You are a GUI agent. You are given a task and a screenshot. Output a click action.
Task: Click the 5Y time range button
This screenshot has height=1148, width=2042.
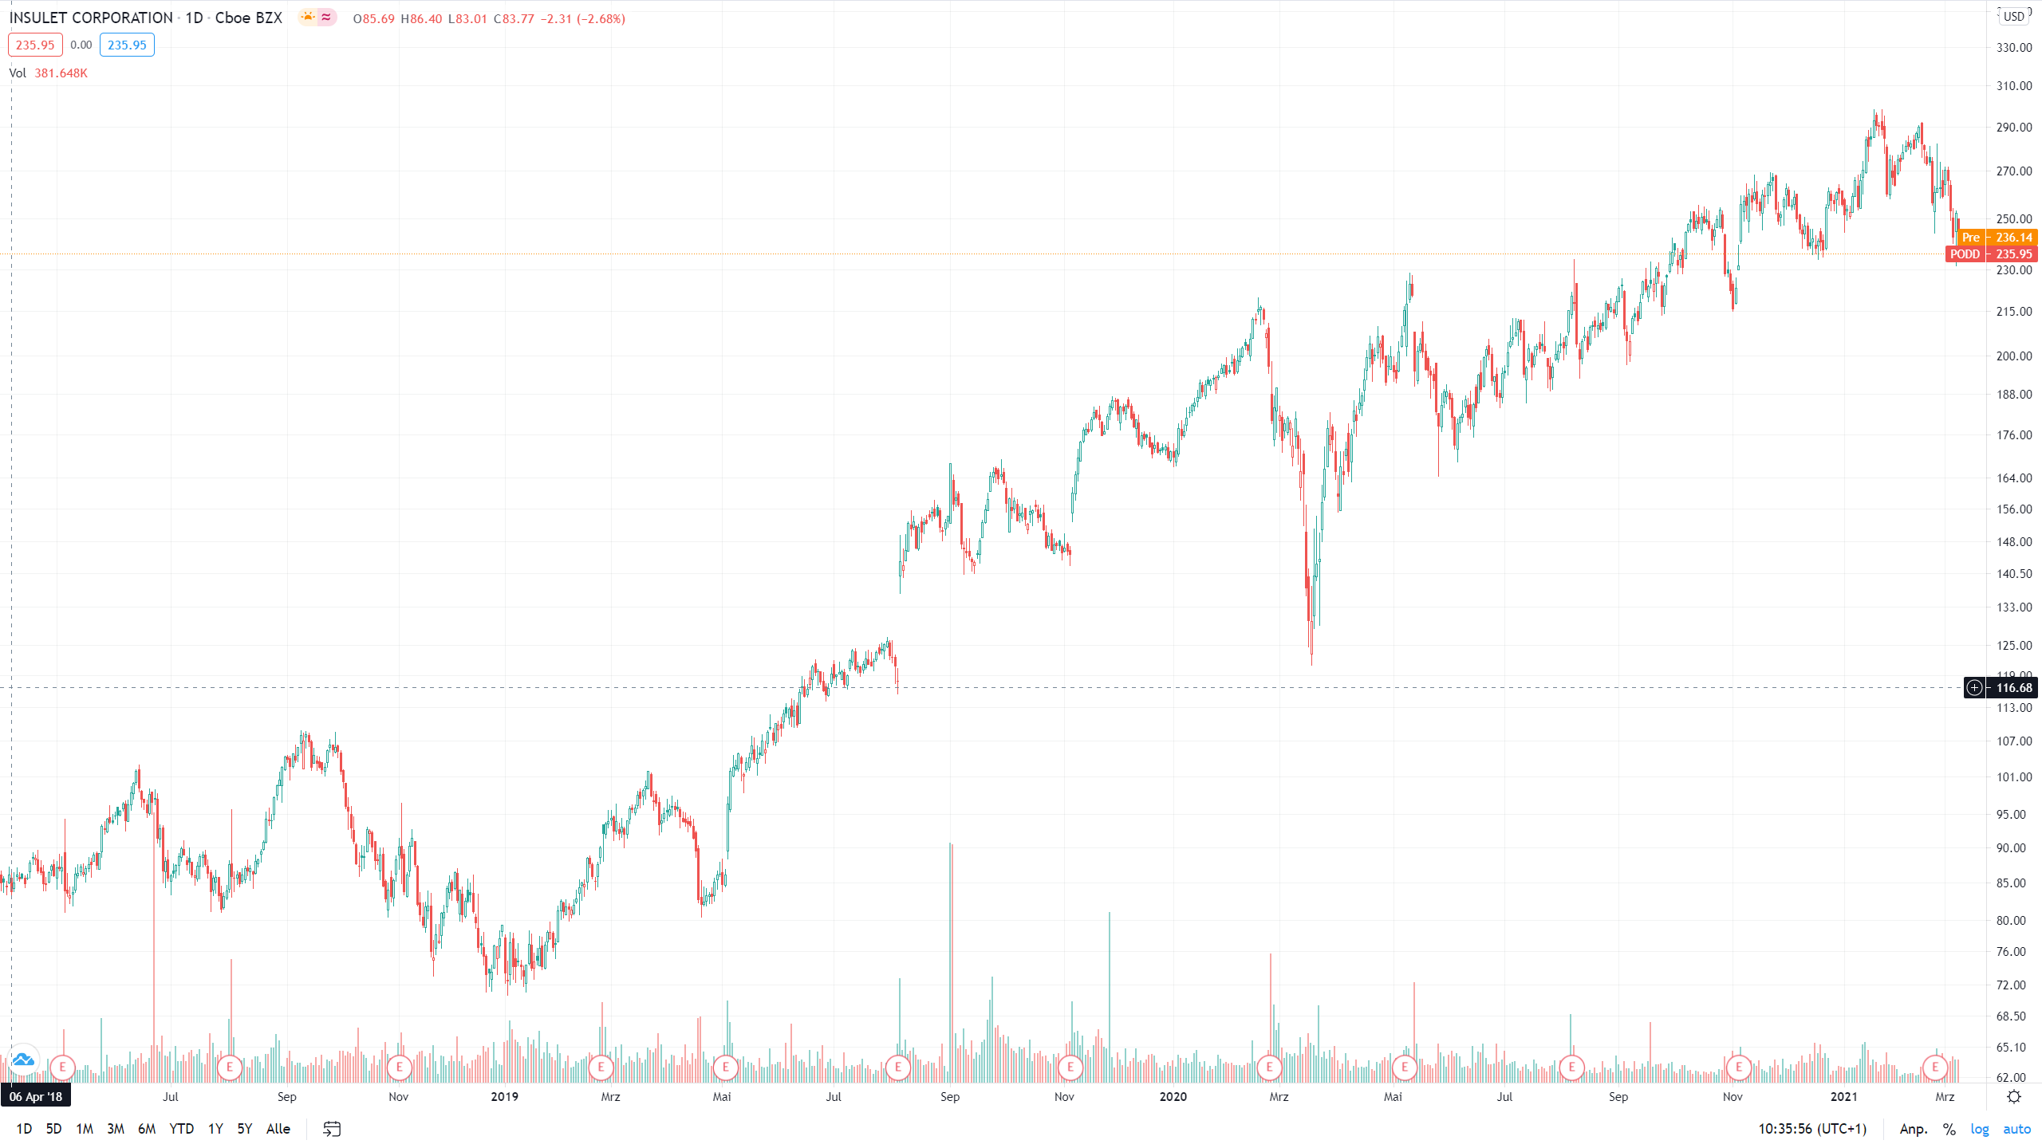(x=244, y=1129)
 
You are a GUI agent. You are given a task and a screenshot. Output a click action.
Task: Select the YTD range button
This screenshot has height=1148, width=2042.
(x=181, y=1129)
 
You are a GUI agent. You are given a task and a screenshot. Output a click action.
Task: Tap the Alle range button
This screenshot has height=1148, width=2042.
(x=278, y=1129)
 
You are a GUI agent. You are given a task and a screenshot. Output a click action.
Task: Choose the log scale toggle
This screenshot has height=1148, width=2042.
(x=1979, y=1129)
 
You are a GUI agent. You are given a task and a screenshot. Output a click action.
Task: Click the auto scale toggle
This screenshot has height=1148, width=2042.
(x=2016, y=1129)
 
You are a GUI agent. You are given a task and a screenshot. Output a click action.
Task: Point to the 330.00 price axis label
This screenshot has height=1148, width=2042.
(x=2013, y=48)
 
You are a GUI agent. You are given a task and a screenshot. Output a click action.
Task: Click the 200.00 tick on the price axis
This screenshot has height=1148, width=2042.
(x=2013, y=356)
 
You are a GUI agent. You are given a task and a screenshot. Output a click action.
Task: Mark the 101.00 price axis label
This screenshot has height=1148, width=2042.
(x=2013, y=777)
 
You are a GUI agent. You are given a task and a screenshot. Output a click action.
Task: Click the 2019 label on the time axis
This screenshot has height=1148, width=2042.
(x=504, y=1097)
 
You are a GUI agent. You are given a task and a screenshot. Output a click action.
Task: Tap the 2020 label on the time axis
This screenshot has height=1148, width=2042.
(x=1173, y=1097)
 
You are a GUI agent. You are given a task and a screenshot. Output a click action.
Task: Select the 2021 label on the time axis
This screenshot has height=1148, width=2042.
(x=1843, y=1097)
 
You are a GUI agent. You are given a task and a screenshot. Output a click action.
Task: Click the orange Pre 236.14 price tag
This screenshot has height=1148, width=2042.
(x=1997, y=238)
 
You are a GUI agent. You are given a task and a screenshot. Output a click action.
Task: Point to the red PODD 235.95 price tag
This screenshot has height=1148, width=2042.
(x=1991, y=254)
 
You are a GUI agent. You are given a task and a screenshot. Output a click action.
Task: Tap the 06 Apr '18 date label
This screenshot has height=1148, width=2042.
(x=36, y=1097)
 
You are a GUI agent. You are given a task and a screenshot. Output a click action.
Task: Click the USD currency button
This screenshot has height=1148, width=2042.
(x=2014, y=17)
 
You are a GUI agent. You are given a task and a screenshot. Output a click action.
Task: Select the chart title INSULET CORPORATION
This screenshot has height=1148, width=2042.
(x=91, y=18)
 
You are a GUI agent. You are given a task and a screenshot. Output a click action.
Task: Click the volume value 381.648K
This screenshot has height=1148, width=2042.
(x=61, y=73)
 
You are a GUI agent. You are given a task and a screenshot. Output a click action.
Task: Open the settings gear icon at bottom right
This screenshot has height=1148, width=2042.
(x=2014, y=1097)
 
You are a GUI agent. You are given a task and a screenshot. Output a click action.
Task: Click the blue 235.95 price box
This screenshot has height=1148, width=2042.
(x=127, y=45)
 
